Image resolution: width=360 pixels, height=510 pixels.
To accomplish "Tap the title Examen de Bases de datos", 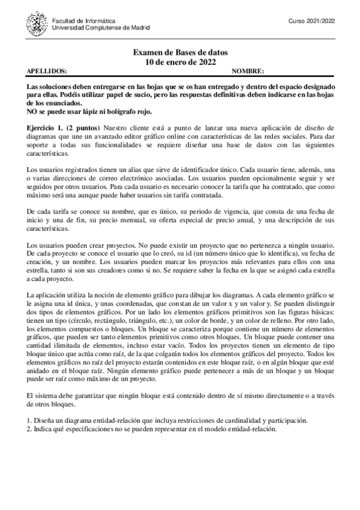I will [180, 53].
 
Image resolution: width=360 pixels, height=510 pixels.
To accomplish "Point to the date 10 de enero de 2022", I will [180, 62].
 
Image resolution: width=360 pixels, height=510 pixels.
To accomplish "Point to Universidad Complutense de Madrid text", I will [101, 28].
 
